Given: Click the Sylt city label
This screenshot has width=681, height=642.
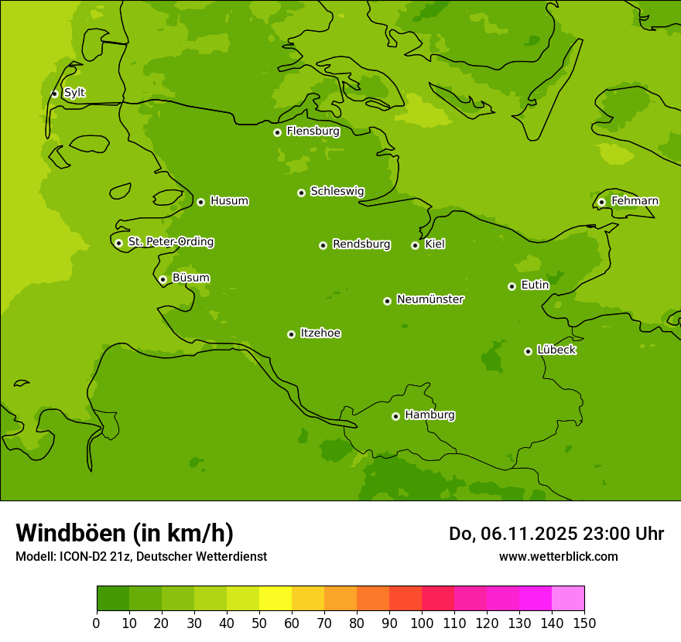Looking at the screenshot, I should coord(74,93).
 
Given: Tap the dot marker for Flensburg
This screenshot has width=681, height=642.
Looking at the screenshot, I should coord(277,132).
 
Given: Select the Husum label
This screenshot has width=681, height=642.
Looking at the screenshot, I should coord(229,201).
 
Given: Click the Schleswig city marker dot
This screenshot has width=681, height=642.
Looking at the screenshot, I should coord(301,193).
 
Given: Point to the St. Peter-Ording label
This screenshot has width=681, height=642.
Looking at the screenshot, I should coord(171,242).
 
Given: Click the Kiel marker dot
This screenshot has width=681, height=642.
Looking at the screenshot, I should coord(415,245).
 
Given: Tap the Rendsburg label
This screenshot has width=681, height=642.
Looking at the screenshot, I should coord(361,244).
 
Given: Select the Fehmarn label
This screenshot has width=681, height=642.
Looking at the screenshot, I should coord(635,201).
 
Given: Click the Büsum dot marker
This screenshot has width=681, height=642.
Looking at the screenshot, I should coord(163,279).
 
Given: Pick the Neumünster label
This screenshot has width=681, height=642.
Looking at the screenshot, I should coord(430,299).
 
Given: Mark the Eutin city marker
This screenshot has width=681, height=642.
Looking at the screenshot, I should coord(512,286).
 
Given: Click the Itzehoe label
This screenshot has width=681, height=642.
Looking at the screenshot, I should coord(320,333).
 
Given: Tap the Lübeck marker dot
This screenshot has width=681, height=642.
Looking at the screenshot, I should coord(528,351).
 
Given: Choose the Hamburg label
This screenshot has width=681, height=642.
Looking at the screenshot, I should coord(429,415).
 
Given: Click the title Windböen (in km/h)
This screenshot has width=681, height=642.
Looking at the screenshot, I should coord(125,533).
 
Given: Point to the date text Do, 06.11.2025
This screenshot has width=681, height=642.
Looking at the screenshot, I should coord(512,534).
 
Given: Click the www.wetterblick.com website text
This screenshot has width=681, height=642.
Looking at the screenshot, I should coord(558,556).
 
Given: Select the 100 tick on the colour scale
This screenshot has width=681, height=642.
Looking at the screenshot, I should coord(422,623).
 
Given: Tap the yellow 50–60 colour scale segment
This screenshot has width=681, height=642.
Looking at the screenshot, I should coord(275,599).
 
